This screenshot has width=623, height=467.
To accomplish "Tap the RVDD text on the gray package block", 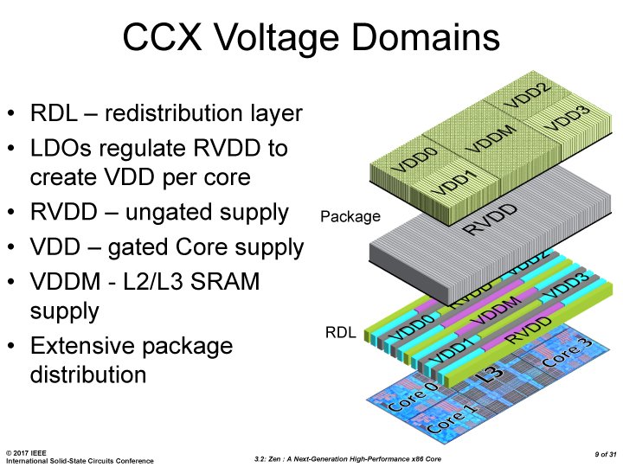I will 491,220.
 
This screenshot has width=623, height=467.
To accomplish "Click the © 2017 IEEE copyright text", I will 25,452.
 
